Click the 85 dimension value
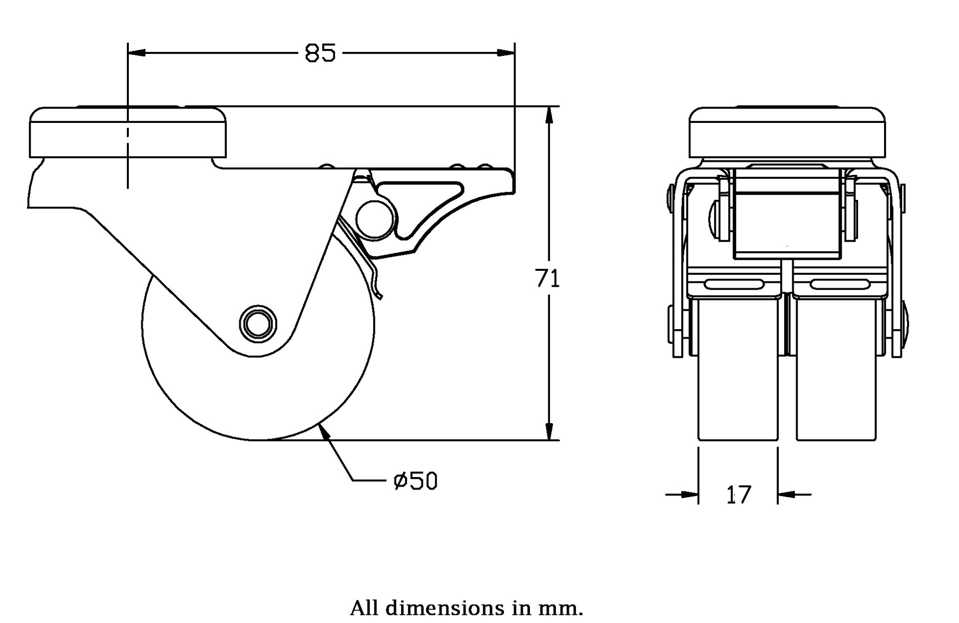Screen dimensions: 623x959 320,53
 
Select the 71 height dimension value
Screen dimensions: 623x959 548,279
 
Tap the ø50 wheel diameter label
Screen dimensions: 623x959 416,481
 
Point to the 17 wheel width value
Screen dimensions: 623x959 738,495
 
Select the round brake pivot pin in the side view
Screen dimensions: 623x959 376,218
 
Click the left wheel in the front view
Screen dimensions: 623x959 738,370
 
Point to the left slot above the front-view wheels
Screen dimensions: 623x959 734,285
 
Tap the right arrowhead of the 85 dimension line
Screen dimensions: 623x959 505,52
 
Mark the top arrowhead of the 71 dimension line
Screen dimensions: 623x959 549,115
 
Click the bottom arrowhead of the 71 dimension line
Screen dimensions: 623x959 549,432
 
